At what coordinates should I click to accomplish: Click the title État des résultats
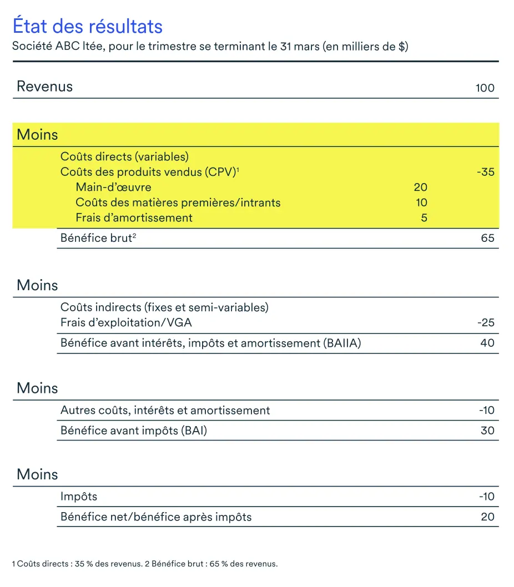click(87, 26)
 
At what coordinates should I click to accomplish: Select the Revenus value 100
click(485, 88)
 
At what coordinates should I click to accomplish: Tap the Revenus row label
click(44, 87)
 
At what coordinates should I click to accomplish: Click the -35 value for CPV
click(485, 172)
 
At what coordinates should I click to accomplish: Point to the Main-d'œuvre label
click(113, 188)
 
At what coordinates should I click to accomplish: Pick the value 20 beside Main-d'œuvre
click(420, 188)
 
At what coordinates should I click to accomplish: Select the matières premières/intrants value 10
click(421, 203)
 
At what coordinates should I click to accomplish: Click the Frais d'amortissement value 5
click(424, 217)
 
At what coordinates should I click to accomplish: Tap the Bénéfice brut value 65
click(487, 239)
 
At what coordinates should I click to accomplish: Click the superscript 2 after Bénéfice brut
click(134, 236)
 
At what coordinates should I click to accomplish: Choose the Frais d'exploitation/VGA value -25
click(485, 323)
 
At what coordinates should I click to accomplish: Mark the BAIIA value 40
click(487, 343)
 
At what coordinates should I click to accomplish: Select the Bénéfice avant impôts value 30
click(487, 431)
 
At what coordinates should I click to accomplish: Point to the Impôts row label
click(79, 497)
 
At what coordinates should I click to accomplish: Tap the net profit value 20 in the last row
click(487, 517)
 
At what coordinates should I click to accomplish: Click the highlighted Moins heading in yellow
click(37, 134)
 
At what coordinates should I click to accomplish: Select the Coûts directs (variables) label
click(124, 157)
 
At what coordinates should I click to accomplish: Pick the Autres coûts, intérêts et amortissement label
click(165, 411)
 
